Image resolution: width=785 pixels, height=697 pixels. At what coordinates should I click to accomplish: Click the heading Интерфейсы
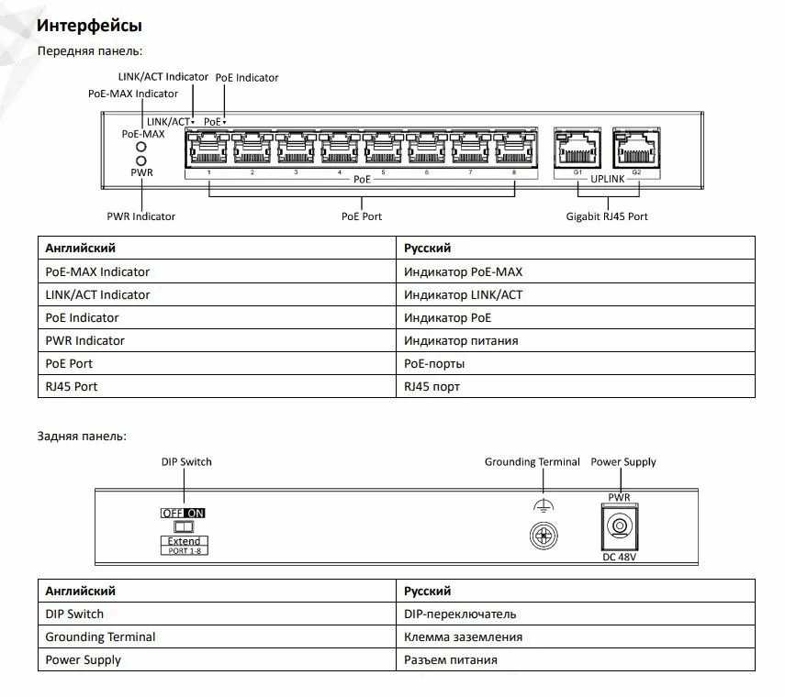[89, 25]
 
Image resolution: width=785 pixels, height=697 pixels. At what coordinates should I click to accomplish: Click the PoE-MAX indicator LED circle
[141, 147]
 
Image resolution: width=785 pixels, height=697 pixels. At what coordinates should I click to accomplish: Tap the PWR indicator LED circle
[141, 160]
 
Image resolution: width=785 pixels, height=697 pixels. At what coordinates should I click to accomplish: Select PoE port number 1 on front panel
[207, 148]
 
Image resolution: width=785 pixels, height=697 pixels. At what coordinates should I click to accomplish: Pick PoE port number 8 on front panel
[515, 148]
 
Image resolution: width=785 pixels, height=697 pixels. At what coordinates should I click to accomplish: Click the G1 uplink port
[578, 148]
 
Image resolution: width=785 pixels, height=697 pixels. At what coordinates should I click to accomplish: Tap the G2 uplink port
[636, 148]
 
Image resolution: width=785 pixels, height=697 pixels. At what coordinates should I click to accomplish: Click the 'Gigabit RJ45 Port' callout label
[607, 216]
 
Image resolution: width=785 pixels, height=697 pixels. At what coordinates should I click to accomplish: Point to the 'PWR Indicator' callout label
[141, 216]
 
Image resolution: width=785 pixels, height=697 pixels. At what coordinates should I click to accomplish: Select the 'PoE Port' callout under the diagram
[362, 216]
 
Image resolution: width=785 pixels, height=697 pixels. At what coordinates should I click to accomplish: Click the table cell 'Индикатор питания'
[461, 341]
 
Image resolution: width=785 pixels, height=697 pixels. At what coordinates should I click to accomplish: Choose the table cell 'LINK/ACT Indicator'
[97, 295]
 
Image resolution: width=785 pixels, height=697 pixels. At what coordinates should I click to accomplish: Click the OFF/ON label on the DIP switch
[184, 514]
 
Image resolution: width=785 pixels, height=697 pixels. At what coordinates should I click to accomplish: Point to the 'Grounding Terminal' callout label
[532, 462]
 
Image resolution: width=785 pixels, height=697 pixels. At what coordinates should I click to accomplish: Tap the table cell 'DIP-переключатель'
[460, 614]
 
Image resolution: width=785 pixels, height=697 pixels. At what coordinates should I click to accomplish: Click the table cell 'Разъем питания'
[451, 660]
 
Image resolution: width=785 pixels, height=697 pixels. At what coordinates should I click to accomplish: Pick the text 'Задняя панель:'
[82, 436]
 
